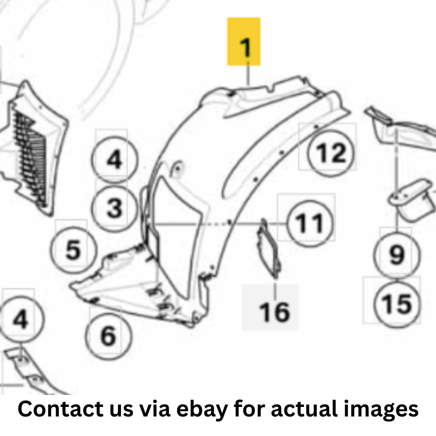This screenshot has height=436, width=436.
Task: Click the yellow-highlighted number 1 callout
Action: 244,42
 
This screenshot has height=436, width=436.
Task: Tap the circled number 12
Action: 331,153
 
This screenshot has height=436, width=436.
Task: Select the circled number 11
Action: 309,223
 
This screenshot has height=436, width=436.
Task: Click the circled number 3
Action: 114,208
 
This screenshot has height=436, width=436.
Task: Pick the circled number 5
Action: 73,250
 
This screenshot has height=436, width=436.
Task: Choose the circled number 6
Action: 108,336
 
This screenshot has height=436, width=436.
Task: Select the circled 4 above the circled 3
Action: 114,159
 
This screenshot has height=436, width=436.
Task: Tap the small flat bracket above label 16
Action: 269,248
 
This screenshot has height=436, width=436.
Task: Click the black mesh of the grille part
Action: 31,157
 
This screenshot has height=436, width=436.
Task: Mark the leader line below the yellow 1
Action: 248,74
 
